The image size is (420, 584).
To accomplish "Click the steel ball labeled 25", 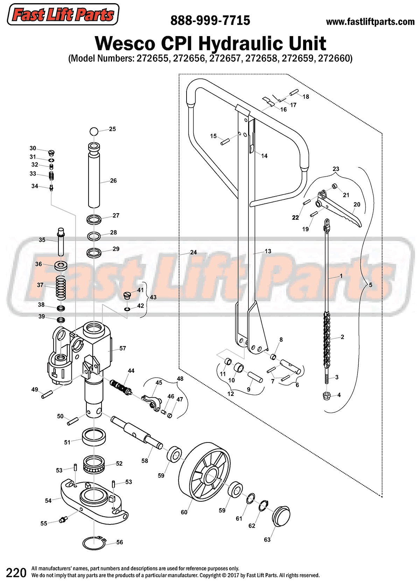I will tap(93, 131).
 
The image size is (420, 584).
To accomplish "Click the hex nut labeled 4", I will tap(327, 396).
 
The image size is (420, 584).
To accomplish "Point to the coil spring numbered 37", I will tap(61, 287).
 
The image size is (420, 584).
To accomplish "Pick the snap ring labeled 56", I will tap(94, 543).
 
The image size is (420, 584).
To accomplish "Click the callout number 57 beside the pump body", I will tap(122, 348).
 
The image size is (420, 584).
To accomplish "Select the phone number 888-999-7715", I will tap(210, 21).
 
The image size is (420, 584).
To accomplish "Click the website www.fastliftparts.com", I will tap(370, 22).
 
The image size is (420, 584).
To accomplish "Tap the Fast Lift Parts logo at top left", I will tap(63, 15).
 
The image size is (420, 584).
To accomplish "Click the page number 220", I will tap(16, 573).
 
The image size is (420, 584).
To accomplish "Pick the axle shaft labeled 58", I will tap(136, 431).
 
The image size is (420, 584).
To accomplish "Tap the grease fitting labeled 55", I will tap(63, 520).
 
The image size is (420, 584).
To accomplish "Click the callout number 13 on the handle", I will tap(268, 251).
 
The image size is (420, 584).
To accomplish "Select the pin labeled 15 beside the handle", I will tap(224, 142).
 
